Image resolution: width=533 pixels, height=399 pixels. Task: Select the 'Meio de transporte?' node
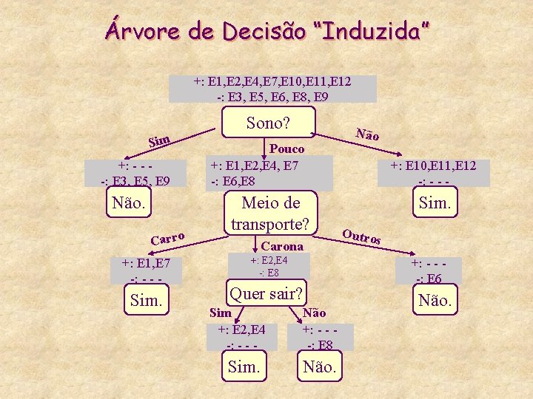tap(269, 213)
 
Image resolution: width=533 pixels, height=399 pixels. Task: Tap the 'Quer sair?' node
tap(266, 294)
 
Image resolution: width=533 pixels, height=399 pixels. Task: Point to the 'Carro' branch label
tap(167, 237)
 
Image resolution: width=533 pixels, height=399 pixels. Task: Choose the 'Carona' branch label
tap(283, 245)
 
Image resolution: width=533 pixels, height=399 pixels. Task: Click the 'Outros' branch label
tap(362, 237)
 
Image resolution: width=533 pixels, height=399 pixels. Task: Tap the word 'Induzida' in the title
tap(373, 30)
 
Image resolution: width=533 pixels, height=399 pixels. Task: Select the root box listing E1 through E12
tap(272, 89)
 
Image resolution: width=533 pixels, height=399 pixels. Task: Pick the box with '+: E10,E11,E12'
tap(433, 173)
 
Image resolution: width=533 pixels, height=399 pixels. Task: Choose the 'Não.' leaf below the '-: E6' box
tap(435, 301)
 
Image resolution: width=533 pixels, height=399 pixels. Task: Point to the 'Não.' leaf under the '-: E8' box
tap(320, 366)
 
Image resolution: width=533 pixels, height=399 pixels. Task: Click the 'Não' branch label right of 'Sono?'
tap(367, 134)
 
